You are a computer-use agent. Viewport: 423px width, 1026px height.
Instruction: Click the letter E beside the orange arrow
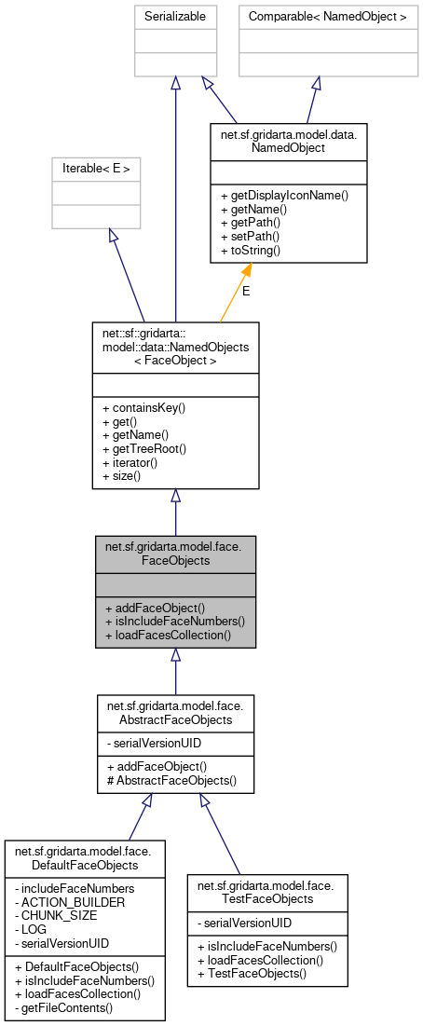pos(246,291)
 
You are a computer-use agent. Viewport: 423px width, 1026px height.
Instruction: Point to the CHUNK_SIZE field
pos(56,915)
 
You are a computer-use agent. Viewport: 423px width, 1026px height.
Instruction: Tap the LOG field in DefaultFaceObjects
pos(36,929)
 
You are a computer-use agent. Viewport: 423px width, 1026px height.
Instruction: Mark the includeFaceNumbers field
pos(77,887)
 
